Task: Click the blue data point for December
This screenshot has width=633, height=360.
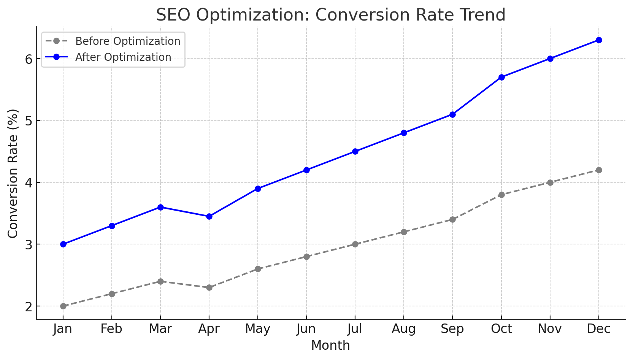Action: [599, 40]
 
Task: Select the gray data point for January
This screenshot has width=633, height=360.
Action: [63, 306]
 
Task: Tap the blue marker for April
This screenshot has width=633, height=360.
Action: [209, 216]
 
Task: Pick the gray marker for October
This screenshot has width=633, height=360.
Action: [501, 195]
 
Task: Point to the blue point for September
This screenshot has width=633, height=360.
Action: [452, 114]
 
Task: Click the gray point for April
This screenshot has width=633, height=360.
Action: [209, 287]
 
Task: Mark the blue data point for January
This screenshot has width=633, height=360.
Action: [63, 244]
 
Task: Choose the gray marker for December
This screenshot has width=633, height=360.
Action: [599, 170]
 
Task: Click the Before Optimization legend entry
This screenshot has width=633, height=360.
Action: [128, 41]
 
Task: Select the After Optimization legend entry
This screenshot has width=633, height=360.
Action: [123, 57]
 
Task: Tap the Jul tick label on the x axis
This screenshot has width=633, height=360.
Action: [355, 329]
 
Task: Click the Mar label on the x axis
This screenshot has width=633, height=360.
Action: [160, 329]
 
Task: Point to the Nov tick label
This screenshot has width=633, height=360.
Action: [550, 329]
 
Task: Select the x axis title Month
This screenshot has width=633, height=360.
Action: [330, 346]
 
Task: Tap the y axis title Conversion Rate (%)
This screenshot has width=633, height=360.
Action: [13, 173]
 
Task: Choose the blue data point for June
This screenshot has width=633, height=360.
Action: [306, 170]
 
